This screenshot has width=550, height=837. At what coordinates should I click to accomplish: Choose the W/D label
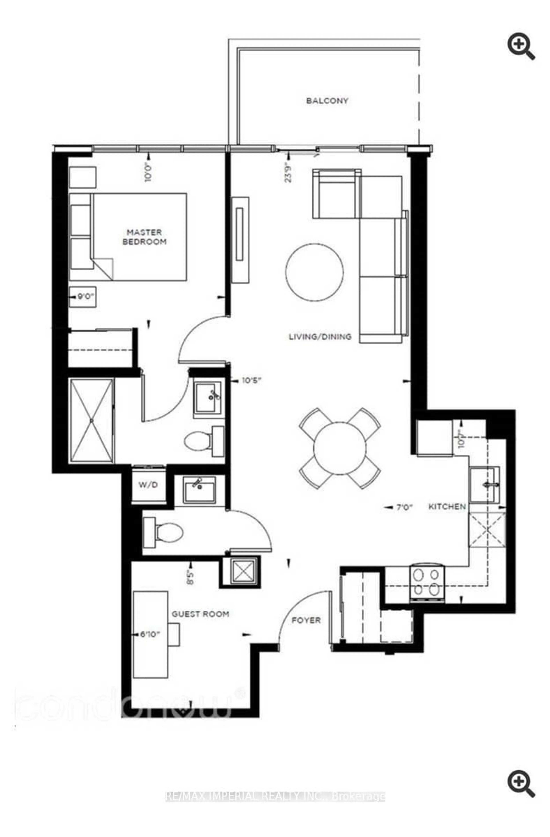point(148,485)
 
